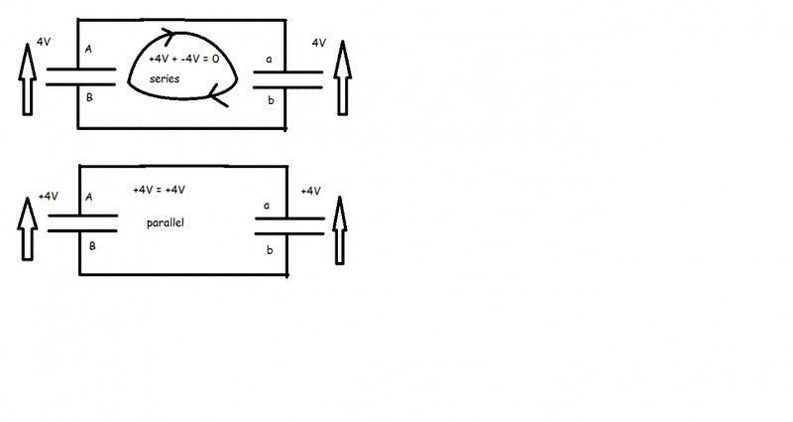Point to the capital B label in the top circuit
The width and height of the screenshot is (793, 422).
point(90,98)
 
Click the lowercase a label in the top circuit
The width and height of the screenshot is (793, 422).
point(269,59)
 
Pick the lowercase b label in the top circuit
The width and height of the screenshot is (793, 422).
point(269,100)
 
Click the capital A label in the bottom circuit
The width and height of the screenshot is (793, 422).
point(89,197)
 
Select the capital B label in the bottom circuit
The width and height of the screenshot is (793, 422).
point(90,243)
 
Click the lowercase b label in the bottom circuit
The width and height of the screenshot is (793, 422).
point(269,251)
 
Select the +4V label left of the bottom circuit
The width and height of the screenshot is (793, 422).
point(48,197)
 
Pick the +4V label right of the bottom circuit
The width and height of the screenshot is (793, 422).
point(309,191)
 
